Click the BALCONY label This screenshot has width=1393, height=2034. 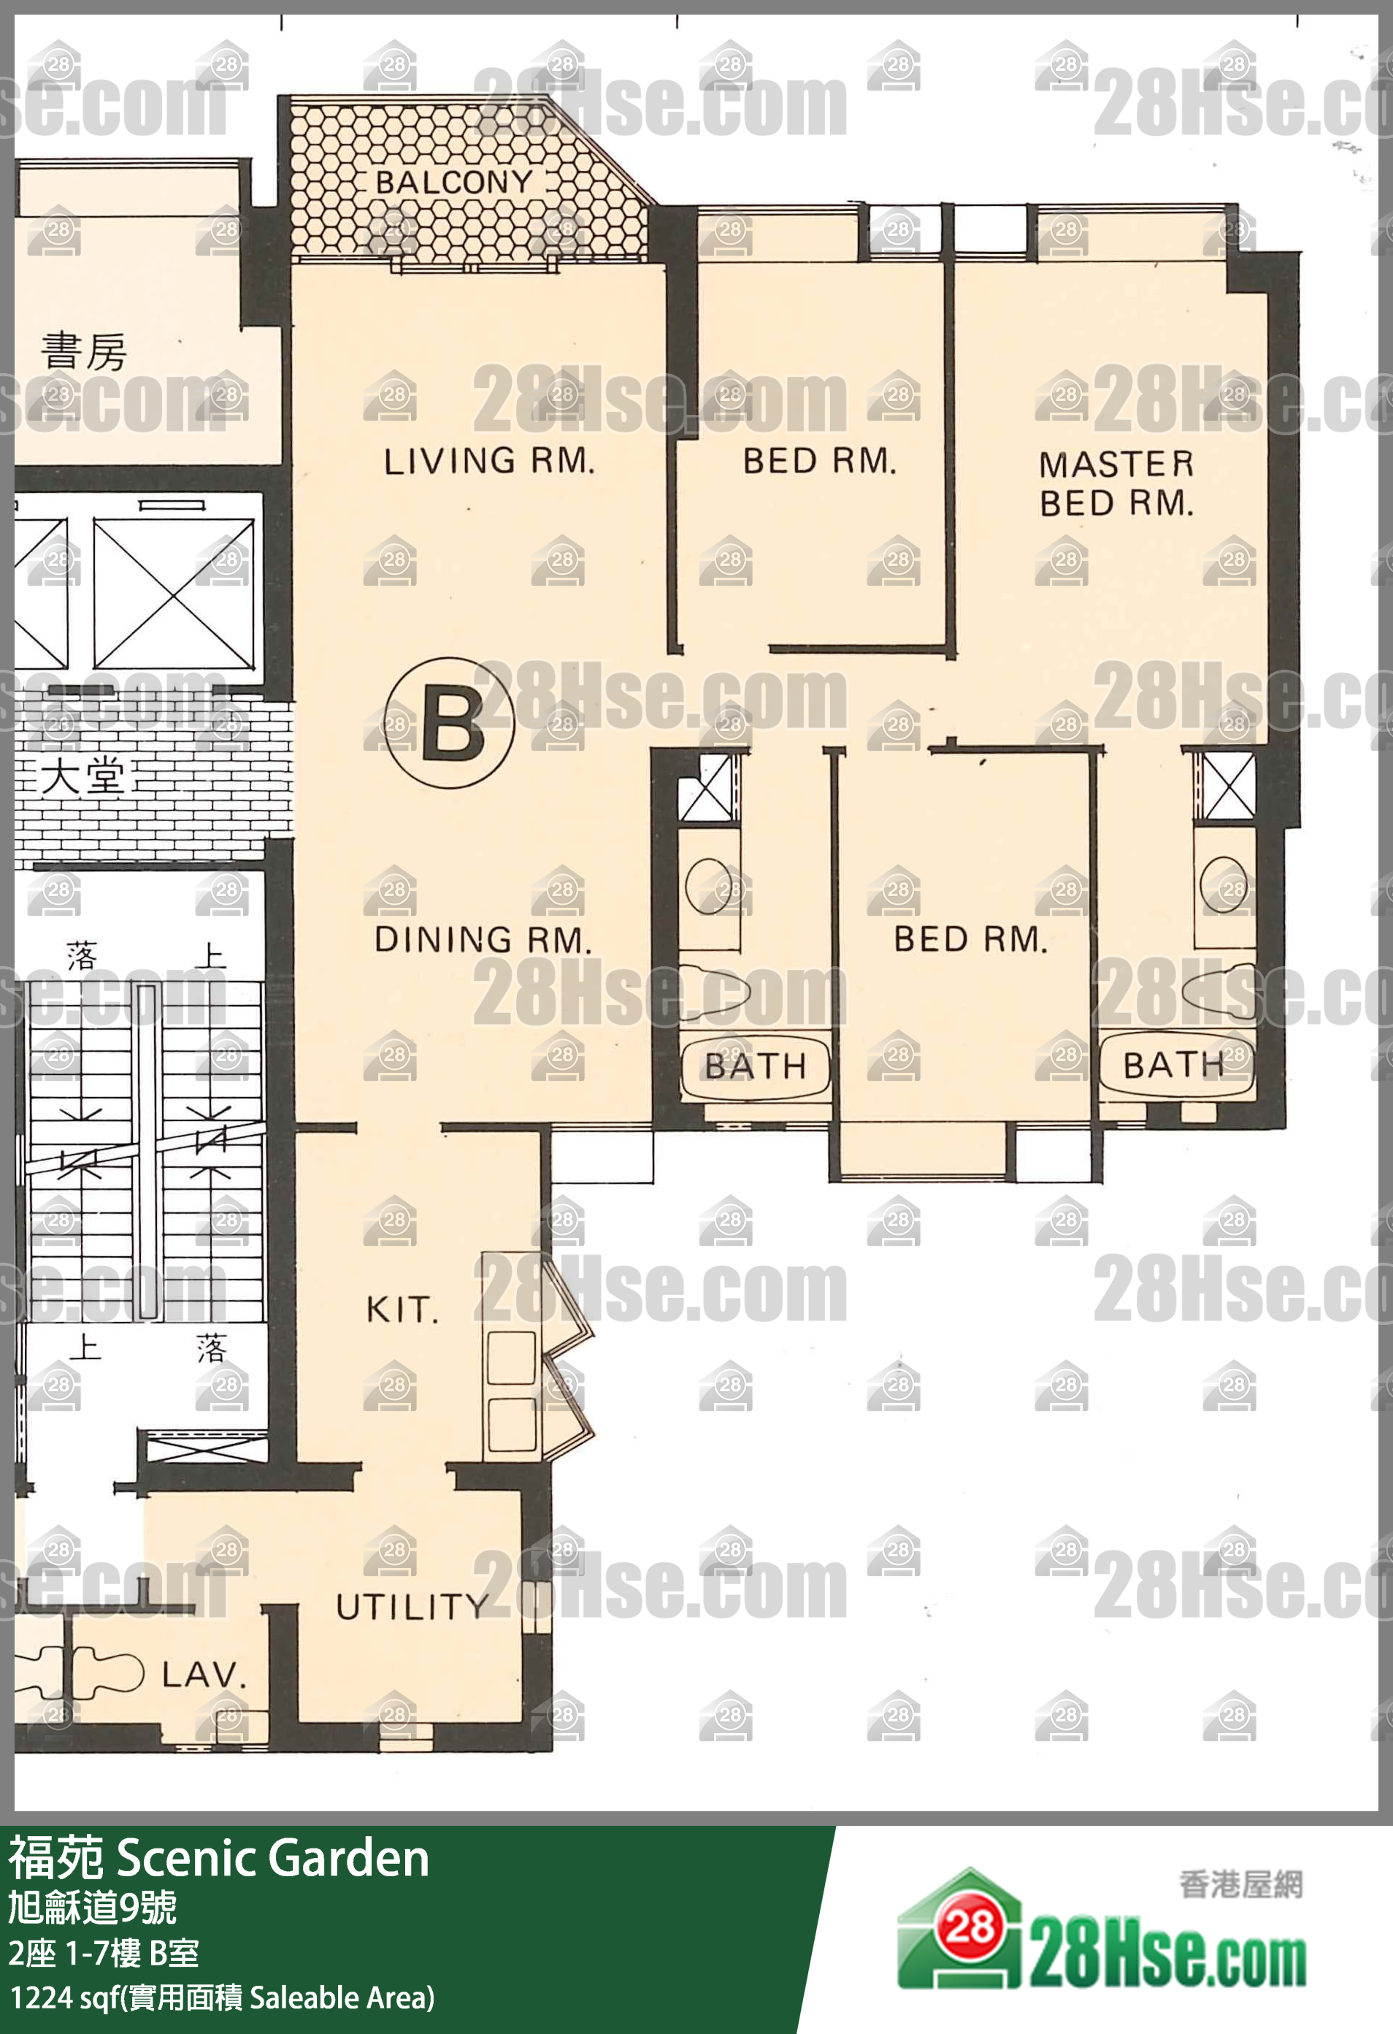(x=454, y=183)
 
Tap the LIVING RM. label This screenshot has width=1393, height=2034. (x=489, y=462)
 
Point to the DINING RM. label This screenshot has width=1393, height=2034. (x=483, y=940)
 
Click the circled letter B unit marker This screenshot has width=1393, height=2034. (x=450, y=723)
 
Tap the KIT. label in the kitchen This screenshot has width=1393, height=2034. (x=402, y=1310)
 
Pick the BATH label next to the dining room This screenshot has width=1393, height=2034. (x=755, y=1066)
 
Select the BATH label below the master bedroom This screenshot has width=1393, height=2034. (x=1173, y=1065)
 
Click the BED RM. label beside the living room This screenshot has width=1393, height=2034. (x=820, y=462)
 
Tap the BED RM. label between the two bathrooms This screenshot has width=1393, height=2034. (x=970, y=939)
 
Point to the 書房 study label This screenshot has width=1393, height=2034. (x=84, y=351)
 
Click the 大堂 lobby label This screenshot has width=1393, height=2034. (x=83, y=776)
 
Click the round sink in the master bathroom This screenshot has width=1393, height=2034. (x=1223, y=884)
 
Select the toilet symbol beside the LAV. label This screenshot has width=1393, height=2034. (x=107, y=1672)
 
